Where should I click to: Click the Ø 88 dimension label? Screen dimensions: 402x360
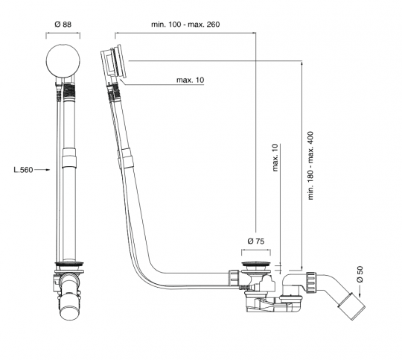[63, 25]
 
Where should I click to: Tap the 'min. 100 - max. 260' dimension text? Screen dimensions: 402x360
[185, 25]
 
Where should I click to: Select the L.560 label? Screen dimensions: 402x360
[23, 170]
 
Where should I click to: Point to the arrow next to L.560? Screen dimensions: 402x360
[42, 169]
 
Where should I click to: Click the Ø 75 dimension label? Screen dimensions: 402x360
[256, 241]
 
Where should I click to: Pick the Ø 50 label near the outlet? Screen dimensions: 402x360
[360, 274]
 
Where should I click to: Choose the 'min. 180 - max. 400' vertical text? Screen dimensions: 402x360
[310, 165]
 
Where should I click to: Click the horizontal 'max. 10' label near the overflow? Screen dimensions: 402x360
[191, 80]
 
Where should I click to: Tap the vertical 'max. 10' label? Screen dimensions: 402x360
[275, 157]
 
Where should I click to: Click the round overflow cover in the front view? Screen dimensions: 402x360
[63, 61]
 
